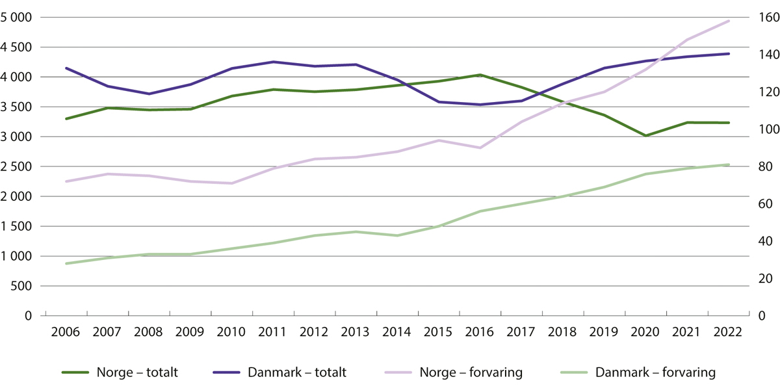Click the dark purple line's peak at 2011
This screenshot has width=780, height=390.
[x=273, y=62]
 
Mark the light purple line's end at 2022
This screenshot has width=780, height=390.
[x=729, y=21]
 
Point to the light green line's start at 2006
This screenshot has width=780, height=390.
[x=66, y=263]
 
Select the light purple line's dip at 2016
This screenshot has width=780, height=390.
[x=480, y=148]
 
